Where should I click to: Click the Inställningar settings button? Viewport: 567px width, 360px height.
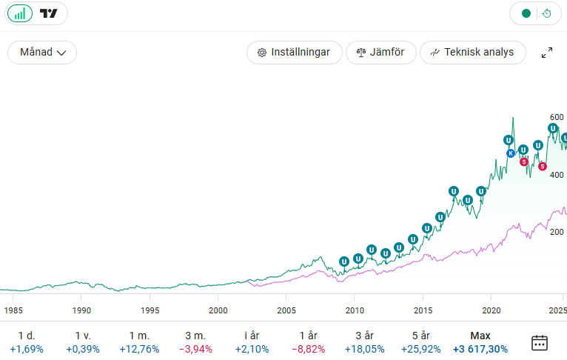[294, 53]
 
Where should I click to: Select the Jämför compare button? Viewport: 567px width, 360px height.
[380, 53]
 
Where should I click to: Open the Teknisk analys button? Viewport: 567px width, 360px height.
[472, 53]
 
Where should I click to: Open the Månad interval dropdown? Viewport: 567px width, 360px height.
[42, 53]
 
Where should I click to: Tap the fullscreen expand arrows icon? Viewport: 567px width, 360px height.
[547, 53]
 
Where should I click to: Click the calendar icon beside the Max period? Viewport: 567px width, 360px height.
[540, 342]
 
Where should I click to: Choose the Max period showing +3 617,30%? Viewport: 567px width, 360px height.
[480, 342]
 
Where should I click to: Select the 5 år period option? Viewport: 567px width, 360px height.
[421, 342]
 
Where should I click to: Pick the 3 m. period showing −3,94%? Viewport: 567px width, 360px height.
[195, 342]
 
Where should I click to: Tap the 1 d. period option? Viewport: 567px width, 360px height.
[27, 342]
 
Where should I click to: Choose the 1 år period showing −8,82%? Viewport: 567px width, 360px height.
[308, 342]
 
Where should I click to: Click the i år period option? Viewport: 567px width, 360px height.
[253, 342]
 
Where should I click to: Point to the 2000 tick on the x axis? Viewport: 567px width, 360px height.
[218, 310]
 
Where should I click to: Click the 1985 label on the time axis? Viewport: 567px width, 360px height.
[13, 310]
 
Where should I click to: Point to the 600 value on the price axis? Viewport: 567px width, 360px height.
[557, 117]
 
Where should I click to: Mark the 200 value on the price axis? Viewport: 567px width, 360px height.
[557, 232]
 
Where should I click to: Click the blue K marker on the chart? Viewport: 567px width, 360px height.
[510, 153]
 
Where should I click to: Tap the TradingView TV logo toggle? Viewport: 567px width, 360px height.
[49, 13]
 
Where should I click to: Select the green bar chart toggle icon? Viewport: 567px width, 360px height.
[20, 13]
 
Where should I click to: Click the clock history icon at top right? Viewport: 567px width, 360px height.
[546, 13]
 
